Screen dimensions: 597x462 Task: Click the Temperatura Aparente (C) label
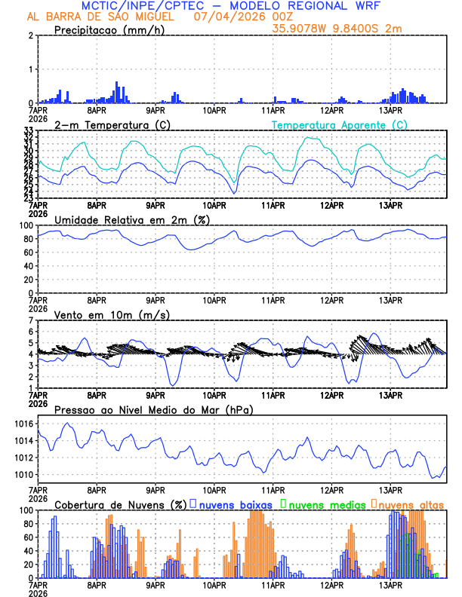(339, 124)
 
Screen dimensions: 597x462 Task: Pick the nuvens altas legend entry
(410, 504)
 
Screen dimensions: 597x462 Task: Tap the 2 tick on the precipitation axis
(30, 36)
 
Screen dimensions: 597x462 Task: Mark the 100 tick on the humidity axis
(26, 226)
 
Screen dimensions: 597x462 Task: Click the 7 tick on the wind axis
(30, 321)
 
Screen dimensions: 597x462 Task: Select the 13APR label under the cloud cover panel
(390, 585)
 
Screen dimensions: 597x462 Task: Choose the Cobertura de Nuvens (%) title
(119, 504)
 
